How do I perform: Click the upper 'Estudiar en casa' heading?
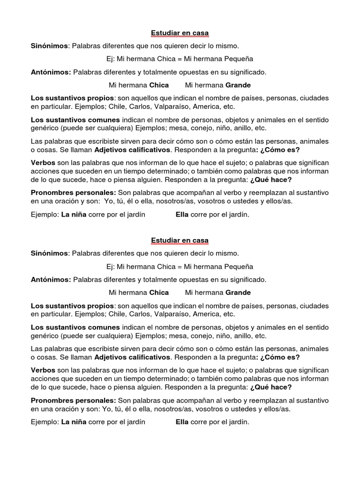[x=180, y=33]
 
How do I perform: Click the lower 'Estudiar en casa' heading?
[x=180, y=240]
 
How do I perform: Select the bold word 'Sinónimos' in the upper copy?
[x=49, y=46]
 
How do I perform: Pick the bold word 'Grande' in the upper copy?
[x=238, y=85]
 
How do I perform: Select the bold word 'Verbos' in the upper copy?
[x=43, y=162]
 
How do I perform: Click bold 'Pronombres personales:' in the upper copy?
[x=74, y=193]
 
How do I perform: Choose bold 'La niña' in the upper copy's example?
[x=74, y=215]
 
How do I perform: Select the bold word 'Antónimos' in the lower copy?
[x=51, y=279]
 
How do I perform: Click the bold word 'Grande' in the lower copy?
[x=238, y=292]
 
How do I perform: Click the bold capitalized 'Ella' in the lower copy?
[x=182, y=422]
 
